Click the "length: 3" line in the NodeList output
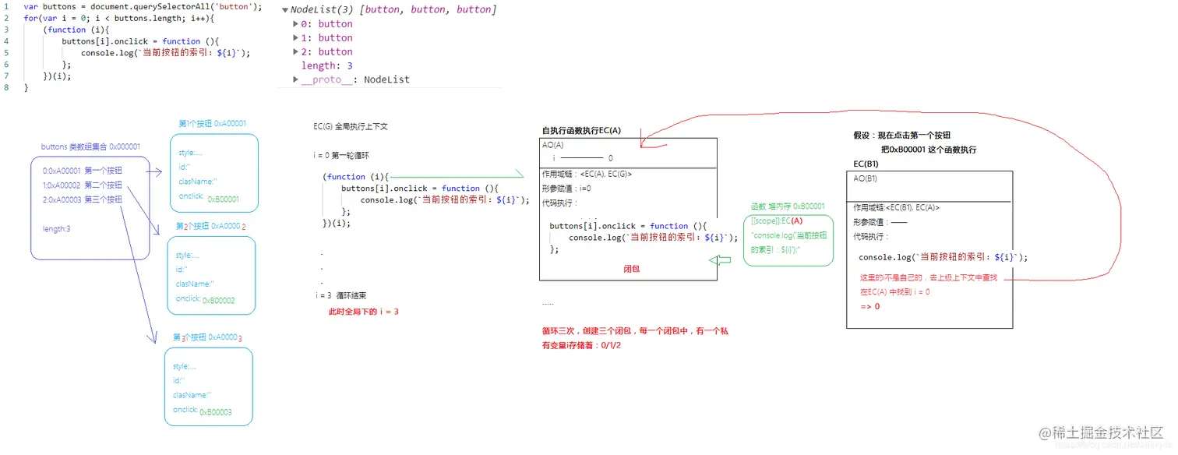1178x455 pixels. point(326,65)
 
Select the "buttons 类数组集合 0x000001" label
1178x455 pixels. point(90,146)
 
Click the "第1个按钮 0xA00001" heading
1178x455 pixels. point(212,123)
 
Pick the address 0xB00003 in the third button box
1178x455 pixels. point(215,412)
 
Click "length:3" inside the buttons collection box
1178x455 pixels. point(57,228)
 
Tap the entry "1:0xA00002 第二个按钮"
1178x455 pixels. point(82,185)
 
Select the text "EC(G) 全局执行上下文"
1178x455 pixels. point(350,126)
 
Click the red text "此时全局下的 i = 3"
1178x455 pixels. point(364,312)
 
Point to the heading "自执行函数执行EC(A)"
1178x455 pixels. point(581,130)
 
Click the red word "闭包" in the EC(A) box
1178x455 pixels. point(631,268)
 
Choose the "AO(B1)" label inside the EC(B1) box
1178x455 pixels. point(865,178)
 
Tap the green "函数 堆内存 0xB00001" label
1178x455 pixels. point(786,206)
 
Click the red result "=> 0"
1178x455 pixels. point(869,306)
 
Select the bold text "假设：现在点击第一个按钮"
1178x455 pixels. point(901,135)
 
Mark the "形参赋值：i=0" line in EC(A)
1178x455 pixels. point(566,188)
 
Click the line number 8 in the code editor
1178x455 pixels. point(6,88)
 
